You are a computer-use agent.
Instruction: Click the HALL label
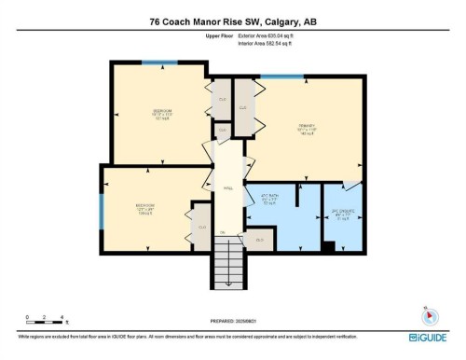pyautogui.click(x=226, y=187)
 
